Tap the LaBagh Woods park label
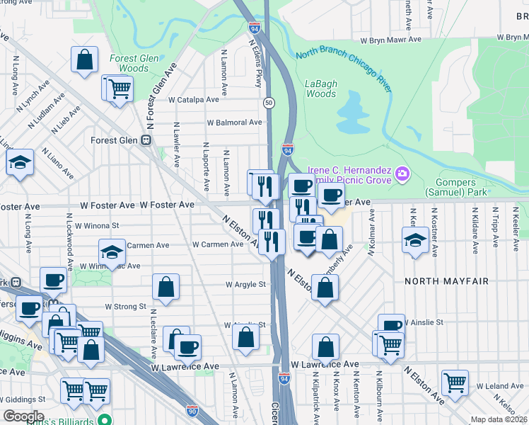coord(320,89)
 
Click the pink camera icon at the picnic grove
coord(402,173)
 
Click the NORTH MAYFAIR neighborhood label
coord(446,281)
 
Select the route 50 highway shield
coord(269,103)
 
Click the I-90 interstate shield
coord(192,410)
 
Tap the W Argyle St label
coord(245,285)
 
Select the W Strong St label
coord(125,307)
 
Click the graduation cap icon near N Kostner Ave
coord(415,239)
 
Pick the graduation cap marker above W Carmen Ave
coord(111,251)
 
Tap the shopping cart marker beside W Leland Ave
coord(455,382)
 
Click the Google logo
coord(23,416)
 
